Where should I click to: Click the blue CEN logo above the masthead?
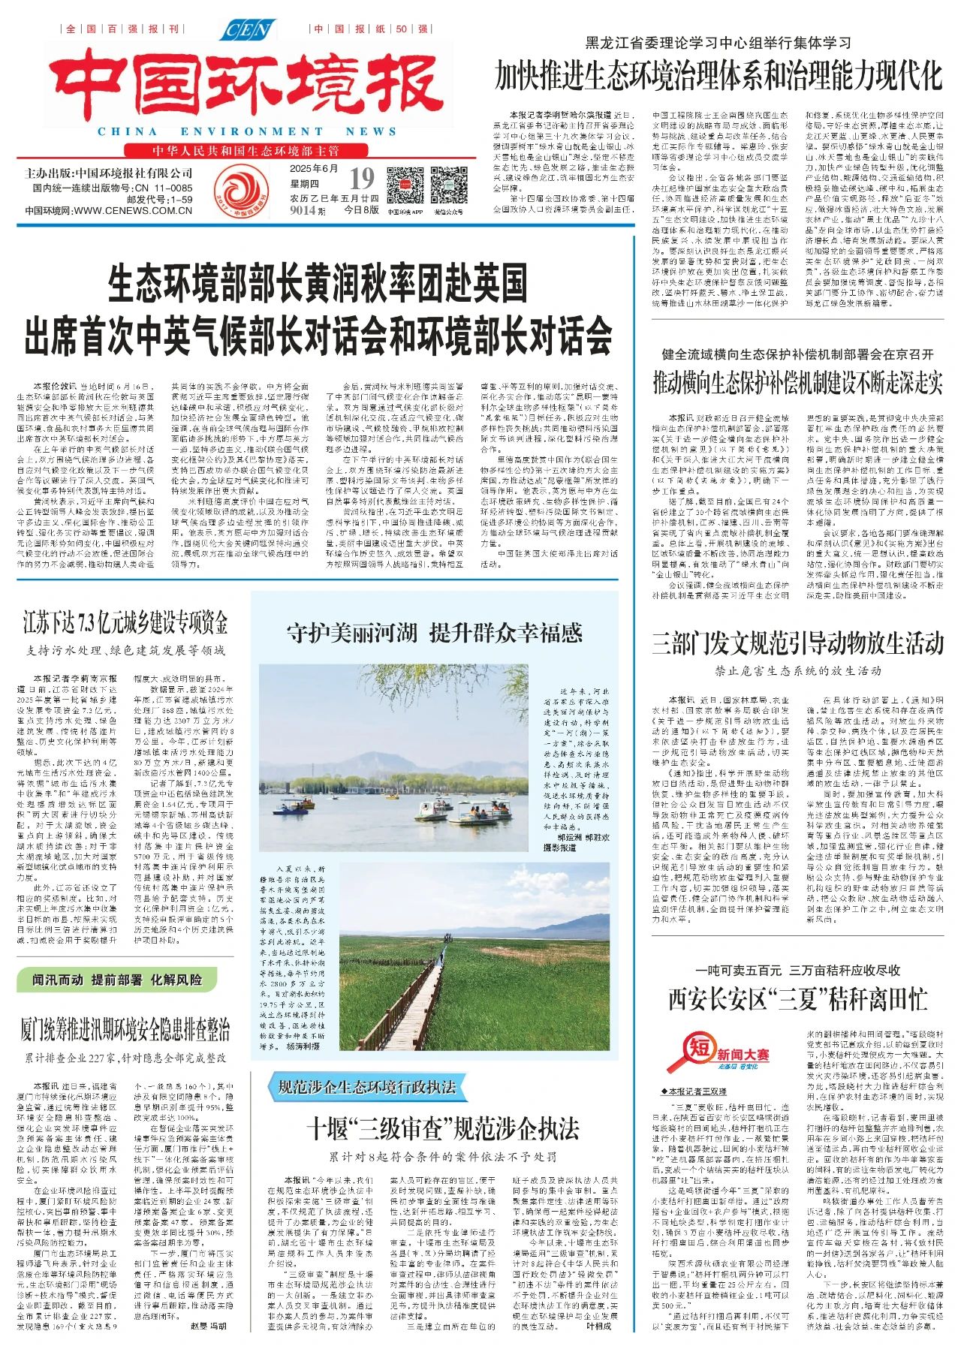click(x=248, y=30)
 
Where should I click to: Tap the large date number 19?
click(x=361, y=179)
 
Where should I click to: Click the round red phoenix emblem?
click(x=241, y=191)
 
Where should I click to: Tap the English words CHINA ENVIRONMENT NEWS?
click(x=247, y=131)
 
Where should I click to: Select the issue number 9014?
click(x=303, y=210)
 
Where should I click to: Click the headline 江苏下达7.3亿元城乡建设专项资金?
click(x=125, y=623)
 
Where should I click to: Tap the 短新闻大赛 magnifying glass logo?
click(x=717, y=1053)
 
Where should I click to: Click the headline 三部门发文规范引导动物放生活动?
click(x=797, y=643)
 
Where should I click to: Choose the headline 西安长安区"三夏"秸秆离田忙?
click(x=797, y=999)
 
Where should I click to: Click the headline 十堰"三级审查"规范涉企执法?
click(x=443, y=1128)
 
